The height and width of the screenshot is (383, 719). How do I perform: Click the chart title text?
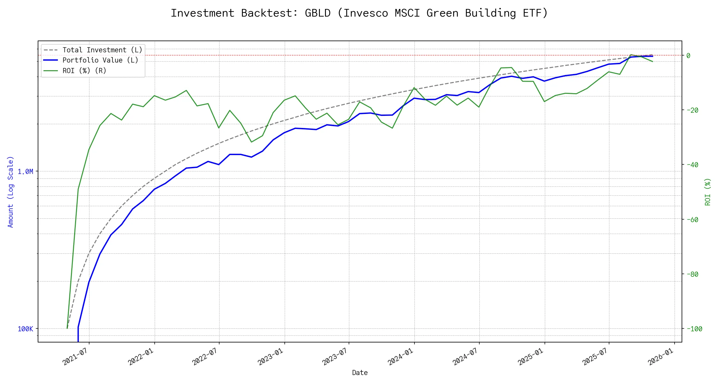pyautogui.click(x=359, y=13)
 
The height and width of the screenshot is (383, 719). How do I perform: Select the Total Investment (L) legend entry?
pyautogui.click(x=102, y=50)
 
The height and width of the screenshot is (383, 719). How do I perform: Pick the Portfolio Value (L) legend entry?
pyautogui.click(x=100, y=60)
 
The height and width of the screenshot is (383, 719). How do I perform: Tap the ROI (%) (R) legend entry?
pyautogui.click(x=84, y=71)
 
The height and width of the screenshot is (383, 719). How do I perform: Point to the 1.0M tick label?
pyautogui.click(x=25, y=172)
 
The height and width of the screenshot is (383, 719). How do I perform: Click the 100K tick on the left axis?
pyautogui.click(x=25, y=329)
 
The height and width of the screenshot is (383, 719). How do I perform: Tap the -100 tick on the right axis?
pyautogui.click(x=694, y=329)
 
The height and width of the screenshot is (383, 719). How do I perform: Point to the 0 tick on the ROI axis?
pyautogui.click(x=688, y=56)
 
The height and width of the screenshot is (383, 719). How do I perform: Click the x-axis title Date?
pyautogui.click(x=360, y=373)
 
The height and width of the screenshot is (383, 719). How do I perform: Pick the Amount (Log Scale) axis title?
pyautogui.click(x=11, y=192)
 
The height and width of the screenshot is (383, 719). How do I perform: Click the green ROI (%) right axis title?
pyautogui.click(x=707, y=192)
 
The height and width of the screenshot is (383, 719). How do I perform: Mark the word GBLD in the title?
pyautogui.click(x=318, y=13)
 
